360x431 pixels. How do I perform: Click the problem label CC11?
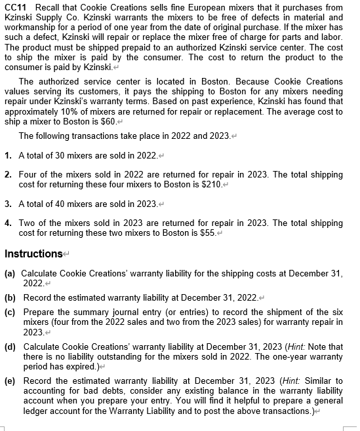[x=15, y=7]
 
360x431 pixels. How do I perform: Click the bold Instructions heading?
[x=33, y=253]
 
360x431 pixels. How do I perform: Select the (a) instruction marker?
[x=10, y=272]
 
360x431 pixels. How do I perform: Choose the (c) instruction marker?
[x=10, y=311]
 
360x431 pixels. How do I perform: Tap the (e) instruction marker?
[x=10, y=381]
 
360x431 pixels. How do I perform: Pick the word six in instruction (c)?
[x=336, y=311]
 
